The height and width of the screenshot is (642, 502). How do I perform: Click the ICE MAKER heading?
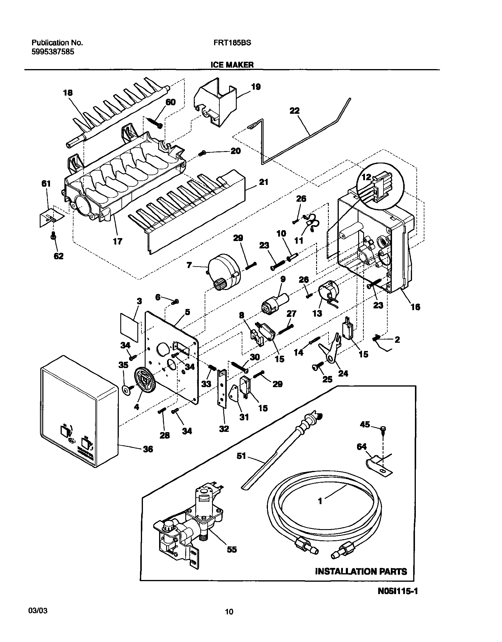(232, 65)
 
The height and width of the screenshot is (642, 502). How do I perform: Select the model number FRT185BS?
(232, 43)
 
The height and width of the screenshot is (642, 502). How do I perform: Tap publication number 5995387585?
(53, 52)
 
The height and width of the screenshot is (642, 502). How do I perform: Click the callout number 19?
(256, 87)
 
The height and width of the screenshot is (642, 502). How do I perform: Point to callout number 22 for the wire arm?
(294, 111)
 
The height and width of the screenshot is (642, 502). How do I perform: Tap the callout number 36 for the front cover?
(148, 449)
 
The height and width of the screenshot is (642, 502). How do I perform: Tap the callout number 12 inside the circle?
(366, 177)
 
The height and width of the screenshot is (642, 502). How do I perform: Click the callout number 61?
(46, 184)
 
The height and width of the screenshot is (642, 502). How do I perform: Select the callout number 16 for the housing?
(415, 307)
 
